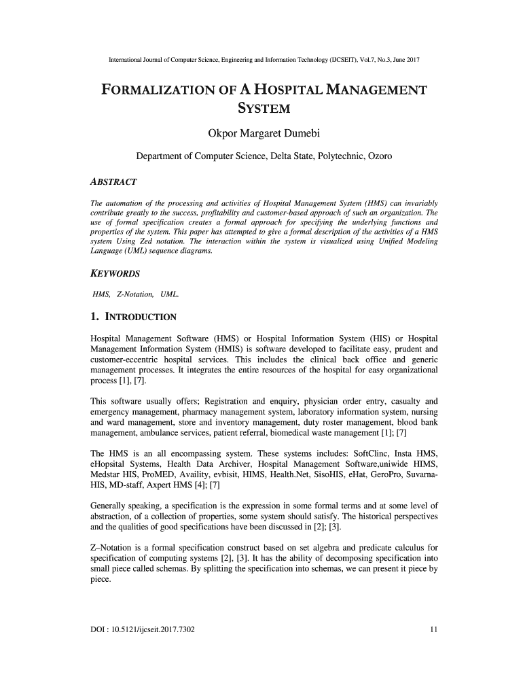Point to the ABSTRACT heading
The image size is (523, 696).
114,182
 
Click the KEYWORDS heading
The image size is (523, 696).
115,274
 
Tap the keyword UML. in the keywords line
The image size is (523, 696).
170,294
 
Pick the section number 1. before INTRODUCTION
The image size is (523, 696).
96,317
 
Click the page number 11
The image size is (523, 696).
433,628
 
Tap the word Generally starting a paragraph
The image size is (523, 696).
111,505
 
